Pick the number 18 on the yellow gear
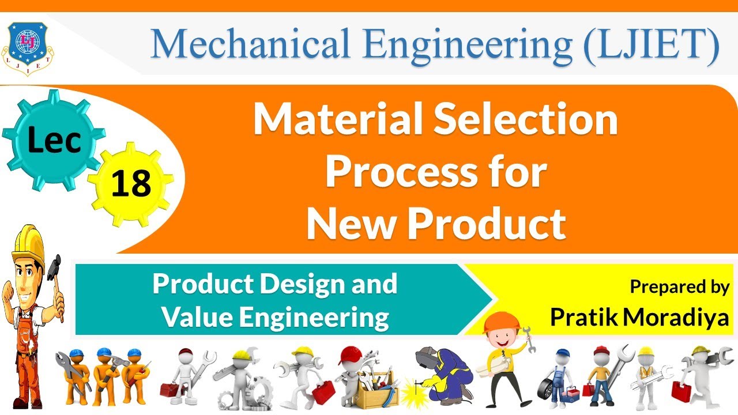131,184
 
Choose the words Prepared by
679,287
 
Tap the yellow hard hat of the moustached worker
29,239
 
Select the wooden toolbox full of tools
374,392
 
